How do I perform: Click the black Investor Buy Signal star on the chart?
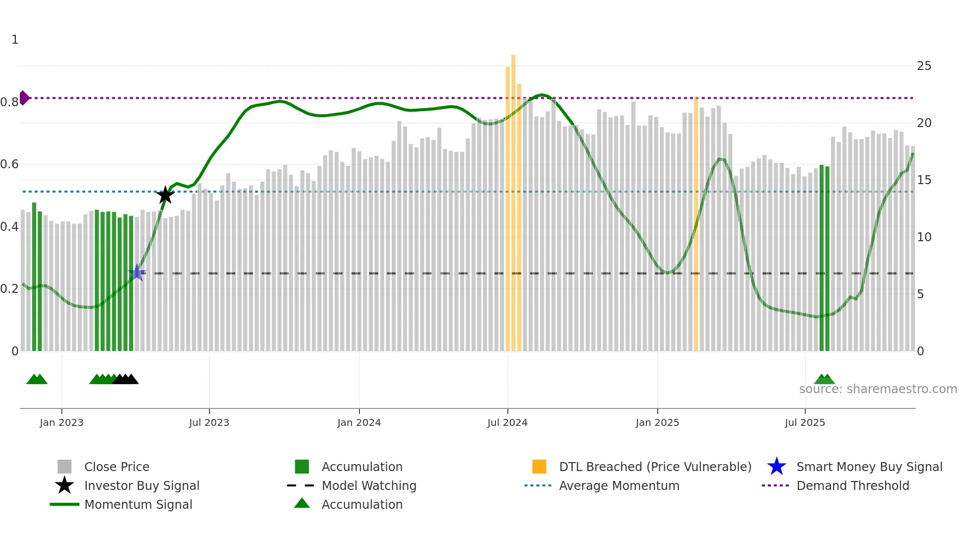[165, 195]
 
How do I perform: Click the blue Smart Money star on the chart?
[137, 273]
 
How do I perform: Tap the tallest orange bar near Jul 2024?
[513, 199]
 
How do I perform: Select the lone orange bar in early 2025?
[696, 223]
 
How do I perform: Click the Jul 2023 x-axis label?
[209, 422]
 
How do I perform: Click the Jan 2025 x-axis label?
[657, 422]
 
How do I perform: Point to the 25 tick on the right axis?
[924, 66]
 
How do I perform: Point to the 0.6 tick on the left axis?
[10, 164]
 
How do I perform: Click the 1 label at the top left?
[15, 40]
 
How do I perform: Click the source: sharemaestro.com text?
[878, 389]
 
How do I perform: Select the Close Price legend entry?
[117, 467]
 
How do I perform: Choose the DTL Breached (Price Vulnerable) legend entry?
[655, 467]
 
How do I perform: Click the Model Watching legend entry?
[369, 485]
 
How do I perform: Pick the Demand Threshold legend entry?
[852, 485]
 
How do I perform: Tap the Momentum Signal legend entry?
[138, 504]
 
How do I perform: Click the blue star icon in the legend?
[776, 467]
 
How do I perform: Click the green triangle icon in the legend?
[302, 503]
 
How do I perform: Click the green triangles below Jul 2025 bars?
[824, 379]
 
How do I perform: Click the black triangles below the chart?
[125, 379]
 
